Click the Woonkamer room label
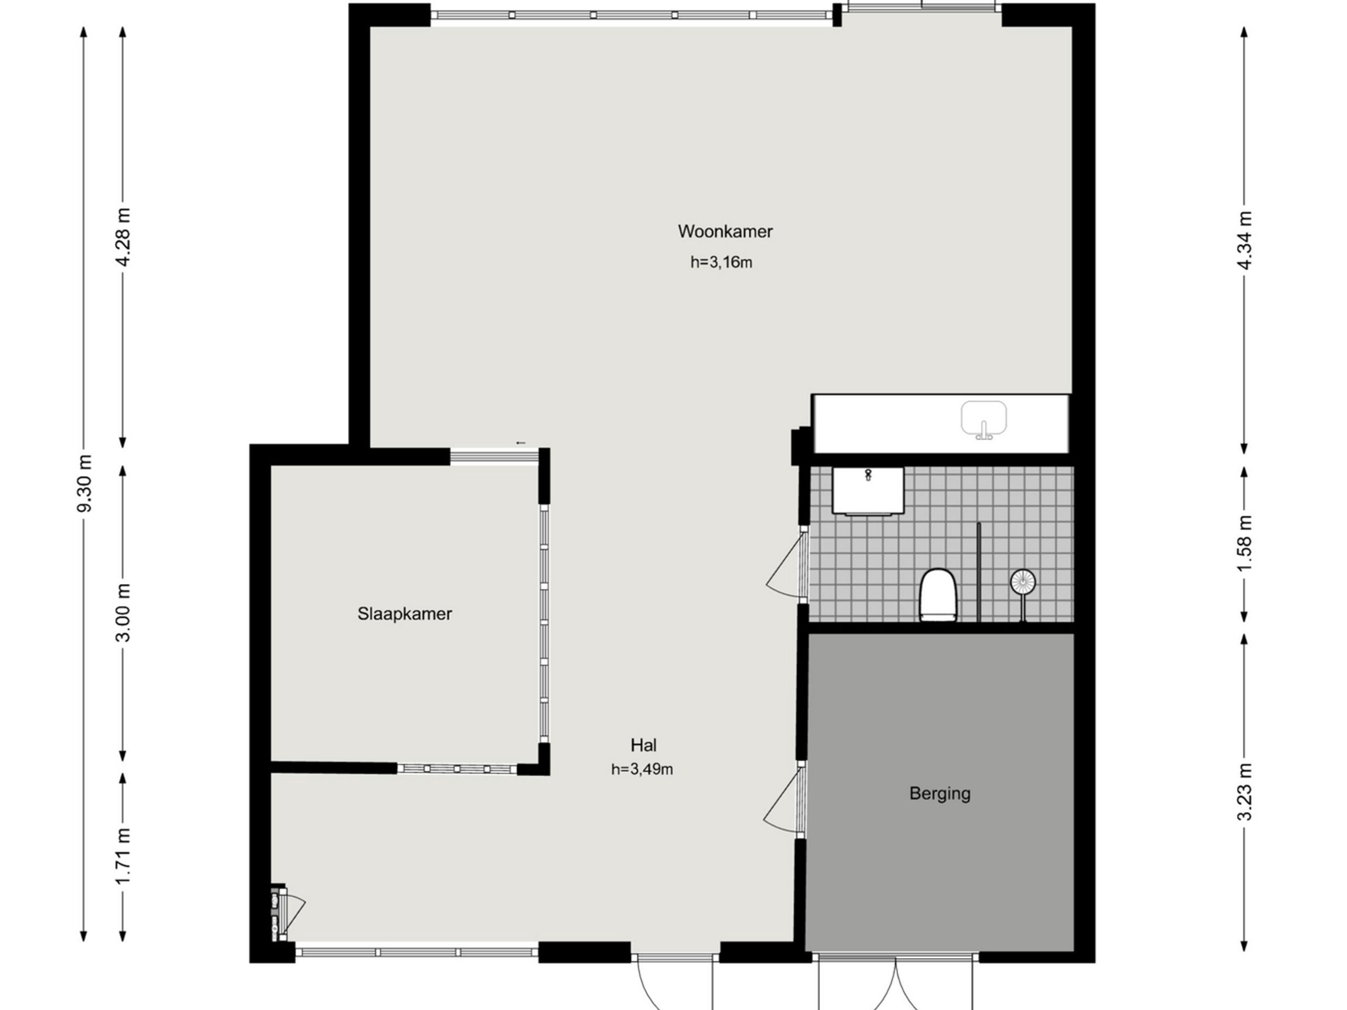[x=725, y=231]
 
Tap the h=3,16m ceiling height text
[x=721, y=262]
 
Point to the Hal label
[x=644, y=745]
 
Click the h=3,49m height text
[x=642, y=770]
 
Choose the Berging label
[x=940, y=794]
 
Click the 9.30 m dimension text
[x=85, y=483]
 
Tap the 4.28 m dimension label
[x=124, y=237]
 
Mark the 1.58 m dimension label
[x=1245, y=543]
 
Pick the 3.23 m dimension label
[x=1245, y=792]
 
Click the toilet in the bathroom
[x=938, y=595]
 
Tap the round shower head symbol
[x=1023, y=582]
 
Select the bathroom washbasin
[x=868, y=491]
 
